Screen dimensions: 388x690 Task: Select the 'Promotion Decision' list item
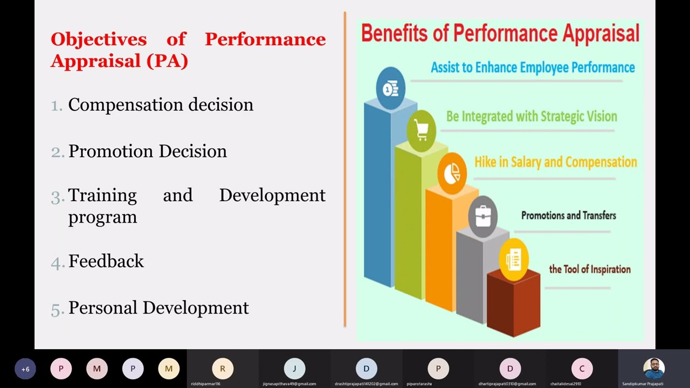coord(147,151)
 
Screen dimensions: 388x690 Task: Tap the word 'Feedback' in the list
coord(106,261)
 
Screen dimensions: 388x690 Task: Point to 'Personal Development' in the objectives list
coord(158,308)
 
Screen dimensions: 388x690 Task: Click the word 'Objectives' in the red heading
coord(99,39)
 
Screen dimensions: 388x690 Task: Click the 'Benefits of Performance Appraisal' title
coord(500,33)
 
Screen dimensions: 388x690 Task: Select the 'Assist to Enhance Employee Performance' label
coord(533,68)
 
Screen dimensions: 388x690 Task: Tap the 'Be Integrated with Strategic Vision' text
coord(532,116)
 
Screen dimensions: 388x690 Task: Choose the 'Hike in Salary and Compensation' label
coord(555,162)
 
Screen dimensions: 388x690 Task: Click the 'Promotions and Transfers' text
coord(568,216)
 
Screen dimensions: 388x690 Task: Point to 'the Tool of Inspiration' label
coord(589,269)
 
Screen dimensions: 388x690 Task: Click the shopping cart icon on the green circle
coord(421,130)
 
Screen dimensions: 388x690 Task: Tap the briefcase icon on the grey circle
coord(482,216)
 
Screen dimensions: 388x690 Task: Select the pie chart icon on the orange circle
coord(452,173)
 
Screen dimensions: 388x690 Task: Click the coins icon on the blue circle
coord(390,88)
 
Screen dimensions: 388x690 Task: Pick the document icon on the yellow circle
coord(513,260)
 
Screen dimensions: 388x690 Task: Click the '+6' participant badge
coord(25,369)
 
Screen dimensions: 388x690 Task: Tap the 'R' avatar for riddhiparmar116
coord(223,369)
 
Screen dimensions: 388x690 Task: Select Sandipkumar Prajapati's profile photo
coord(653,369)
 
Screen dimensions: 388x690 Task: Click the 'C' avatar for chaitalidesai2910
coord(582,369)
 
